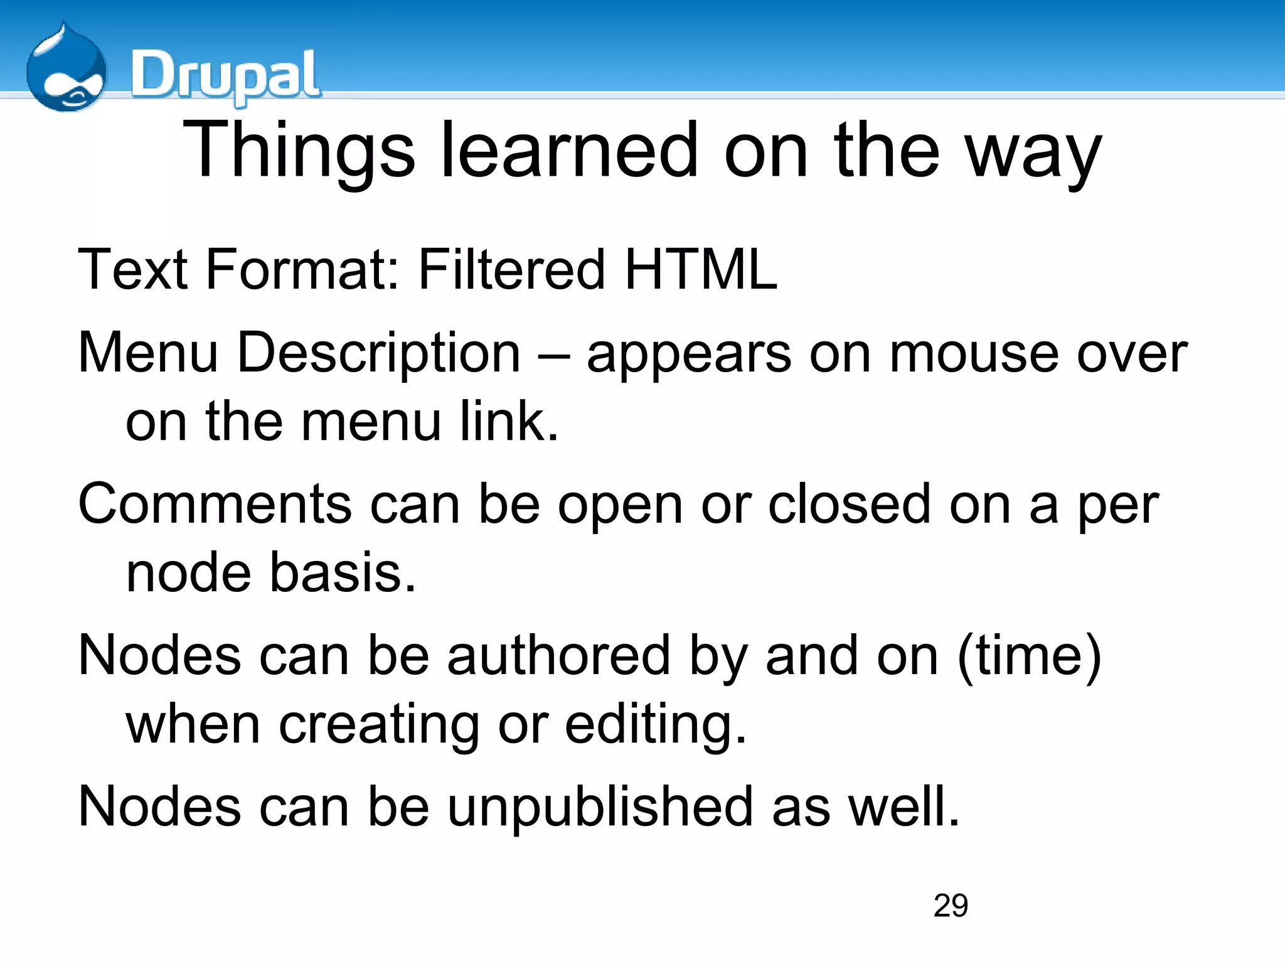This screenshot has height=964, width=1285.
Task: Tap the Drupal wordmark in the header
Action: point(225,75)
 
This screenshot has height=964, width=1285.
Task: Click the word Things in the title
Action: point(299,151)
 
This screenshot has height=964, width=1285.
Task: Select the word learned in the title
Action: point(570,151)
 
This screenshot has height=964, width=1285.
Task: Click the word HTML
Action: point(701,269)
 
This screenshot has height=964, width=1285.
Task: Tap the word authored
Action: point(558,656)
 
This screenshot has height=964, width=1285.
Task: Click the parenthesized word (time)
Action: point(1029,656)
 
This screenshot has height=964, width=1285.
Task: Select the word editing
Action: point(655,726)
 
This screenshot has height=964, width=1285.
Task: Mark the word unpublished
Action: point(600,807)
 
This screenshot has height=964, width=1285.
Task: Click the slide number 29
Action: point(951,906)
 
